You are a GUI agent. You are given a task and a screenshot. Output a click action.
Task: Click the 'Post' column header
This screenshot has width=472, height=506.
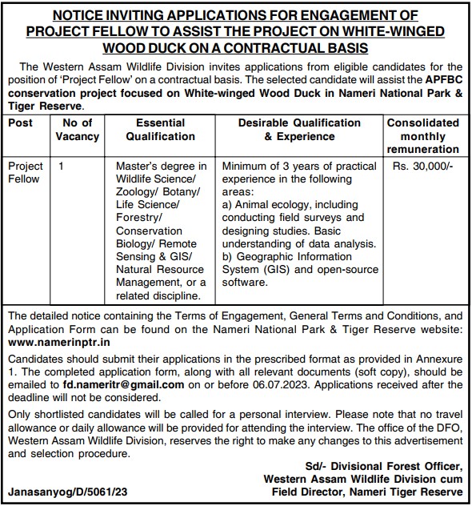[21, 122]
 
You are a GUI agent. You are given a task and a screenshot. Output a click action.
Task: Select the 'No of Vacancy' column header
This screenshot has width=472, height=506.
[78, 130]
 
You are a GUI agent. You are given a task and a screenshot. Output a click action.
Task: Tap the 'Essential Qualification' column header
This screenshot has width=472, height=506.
[161, 130]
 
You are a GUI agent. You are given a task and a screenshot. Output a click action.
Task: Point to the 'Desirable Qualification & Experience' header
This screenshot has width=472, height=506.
[299, 130]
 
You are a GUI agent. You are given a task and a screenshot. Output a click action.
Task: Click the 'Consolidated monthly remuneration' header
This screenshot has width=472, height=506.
[422, 136]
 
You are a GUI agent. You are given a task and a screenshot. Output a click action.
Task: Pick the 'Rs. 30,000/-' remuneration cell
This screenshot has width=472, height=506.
[422, 166]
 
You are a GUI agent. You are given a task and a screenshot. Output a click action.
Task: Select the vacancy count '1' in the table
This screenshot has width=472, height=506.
[62, 166]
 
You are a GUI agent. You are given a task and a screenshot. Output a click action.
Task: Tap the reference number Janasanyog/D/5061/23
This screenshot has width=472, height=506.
[67, 492]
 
